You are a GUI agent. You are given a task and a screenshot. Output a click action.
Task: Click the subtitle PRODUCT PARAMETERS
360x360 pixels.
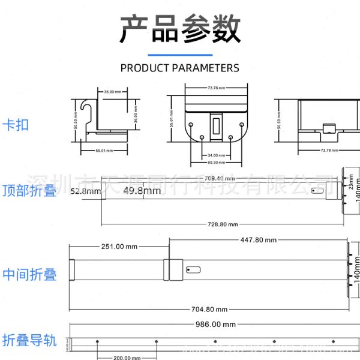(x=180, y=68)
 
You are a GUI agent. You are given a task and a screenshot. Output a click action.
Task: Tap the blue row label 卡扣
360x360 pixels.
(x=16, y=125)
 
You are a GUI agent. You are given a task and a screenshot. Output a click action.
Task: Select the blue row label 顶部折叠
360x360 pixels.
(x=29, y=191)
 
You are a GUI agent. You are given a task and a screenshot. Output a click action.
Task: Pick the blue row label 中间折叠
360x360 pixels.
(x=29, y=275)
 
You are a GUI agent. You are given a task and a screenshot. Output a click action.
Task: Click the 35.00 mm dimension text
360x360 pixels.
(x=113, y=92)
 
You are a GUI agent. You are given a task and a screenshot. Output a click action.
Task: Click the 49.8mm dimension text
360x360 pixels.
(x=142, y=191)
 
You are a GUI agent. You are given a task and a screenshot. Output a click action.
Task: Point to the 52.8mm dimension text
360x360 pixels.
(x=85, y=191)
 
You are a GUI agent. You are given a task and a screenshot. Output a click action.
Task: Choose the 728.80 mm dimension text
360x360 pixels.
(x=223, y=224)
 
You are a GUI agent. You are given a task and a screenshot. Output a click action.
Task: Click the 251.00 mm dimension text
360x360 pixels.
(x=119, y=247)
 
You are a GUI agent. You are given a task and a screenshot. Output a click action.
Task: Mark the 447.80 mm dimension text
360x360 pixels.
(x=259, y=240)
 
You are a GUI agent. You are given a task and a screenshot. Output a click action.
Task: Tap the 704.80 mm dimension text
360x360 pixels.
(x=209, y=309)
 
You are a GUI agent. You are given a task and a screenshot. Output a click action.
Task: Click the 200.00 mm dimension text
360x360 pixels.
(x=127, y=358)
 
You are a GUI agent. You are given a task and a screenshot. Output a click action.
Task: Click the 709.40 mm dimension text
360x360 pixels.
(x=219, y=178)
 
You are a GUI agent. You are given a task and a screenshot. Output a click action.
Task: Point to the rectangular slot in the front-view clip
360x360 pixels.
(x=216, y=125)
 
